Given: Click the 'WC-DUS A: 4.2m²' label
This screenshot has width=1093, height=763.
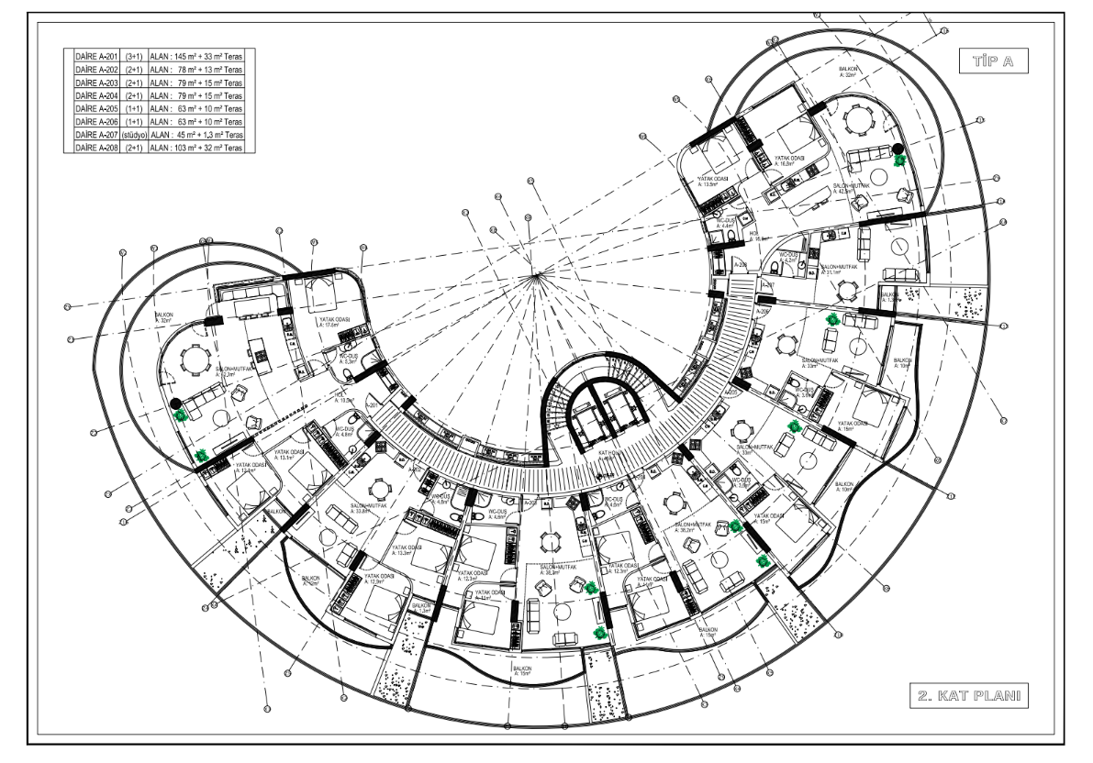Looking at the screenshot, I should click(x=787, y=258).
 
